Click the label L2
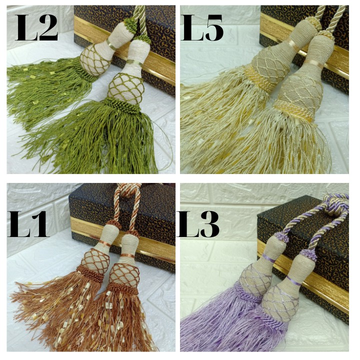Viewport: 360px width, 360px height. tap(36, 27)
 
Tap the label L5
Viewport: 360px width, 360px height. tap(202, 27)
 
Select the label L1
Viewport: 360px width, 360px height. tap(28, 224)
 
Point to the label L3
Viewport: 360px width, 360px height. tap(198, 224)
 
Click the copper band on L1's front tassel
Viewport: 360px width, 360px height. tap(127, 256)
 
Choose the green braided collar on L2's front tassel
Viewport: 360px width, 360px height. tap(123, 104)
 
